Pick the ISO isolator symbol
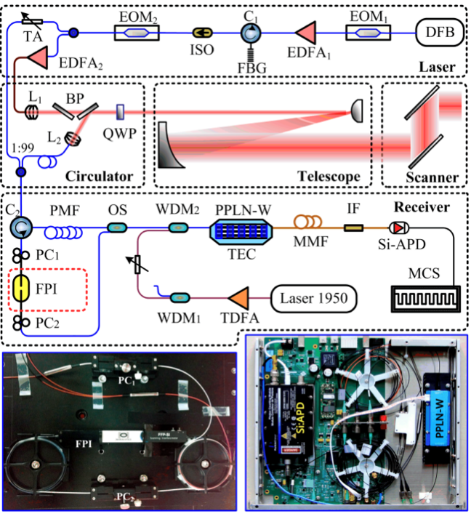pyautogui.click(x=201, y=33)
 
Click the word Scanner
pyautogui.click(x=422, y=177)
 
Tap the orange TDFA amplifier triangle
pyautogui.click(x=237, y=297)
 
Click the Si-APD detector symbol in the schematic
pyautogui.click(x=397, y=227)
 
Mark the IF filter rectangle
pyautogui.click(x=354, y=229)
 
